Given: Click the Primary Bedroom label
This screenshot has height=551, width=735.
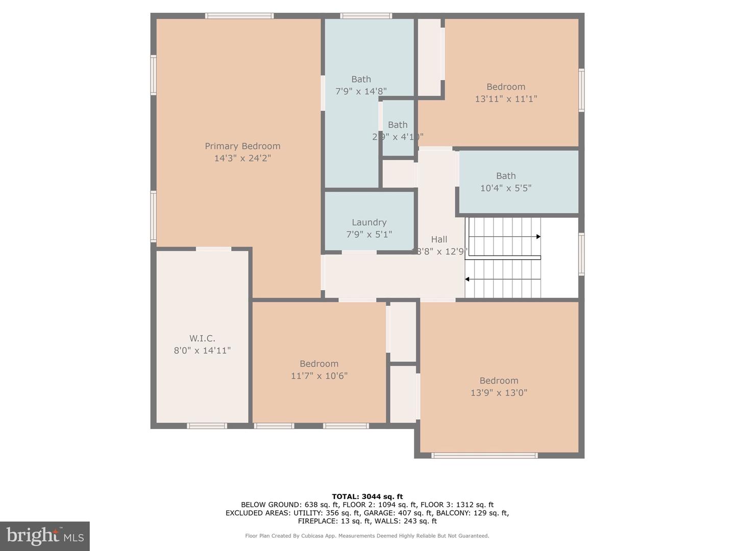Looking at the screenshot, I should (242, 146).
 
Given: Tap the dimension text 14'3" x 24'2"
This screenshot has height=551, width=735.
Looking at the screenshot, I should (242, 158).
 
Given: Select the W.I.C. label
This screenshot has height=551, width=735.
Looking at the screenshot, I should (202, 338).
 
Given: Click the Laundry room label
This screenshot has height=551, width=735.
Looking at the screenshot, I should (369, 222).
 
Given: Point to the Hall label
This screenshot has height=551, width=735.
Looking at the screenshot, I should (439, 239).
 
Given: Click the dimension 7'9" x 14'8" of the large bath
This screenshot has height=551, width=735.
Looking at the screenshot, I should (361, 91).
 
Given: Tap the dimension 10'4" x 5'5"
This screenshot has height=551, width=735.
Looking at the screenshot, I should (506, 188).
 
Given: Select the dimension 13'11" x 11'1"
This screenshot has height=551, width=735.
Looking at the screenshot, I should (506, 99).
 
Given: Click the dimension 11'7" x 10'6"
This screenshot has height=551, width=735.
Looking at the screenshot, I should (319, 376).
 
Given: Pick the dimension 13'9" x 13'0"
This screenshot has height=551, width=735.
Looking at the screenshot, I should (499, 393).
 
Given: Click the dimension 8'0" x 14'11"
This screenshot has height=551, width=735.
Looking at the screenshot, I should (202, 350).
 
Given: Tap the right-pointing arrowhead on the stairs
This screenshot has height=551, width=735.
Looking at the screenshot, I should (538, 237).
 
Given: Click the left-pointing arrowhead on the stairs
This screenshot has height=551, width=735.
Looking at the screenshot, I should (467, 279).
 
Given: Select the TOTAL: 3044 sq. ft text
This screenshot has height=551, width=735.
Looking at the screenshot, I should (367, 496).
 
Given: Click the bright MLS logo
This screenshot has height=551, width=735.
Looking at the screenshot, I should (45, 536).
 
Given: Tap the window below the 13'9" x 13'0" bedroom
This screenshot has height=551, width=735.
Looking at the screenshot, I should (484, 455).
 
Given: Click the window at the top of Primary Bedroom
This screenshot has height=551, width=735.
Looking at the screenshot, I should (239, 16).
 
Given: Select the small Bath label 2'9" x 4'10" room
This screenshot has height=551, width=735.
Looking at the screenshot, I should (398, 125).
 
